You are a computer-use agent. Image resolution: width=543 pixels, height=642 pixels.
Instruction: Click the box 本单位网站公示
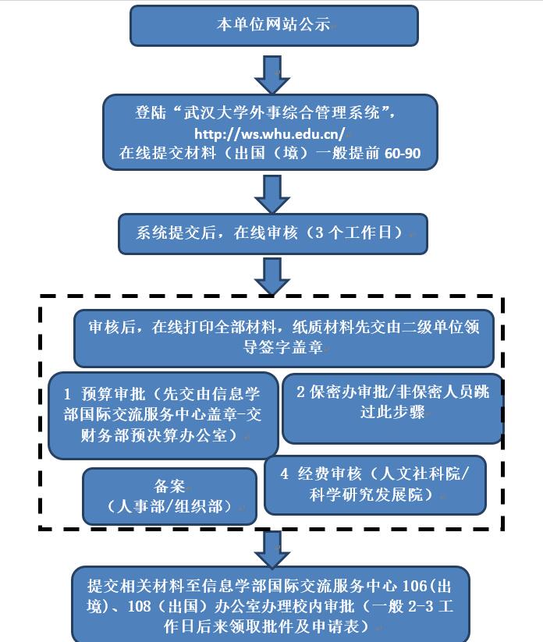coord(273,26)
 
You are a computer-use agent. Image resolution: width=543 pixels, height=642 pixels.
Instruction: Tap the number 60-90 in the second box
coord(403,154)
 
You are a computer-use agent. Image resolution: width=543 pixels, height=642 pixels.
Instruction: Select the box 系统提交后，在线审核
coord(272,233)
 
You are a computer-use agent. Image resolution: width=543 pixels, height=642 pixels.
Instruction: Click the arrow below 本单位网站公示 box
coord(272,75)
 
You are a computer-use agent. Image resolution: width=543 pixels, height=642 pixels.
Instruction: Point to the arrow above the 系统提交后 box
coord(272,193)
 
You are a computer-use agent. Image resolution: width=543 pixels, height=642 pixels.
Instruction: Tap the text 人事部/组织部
coord(170,506)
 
